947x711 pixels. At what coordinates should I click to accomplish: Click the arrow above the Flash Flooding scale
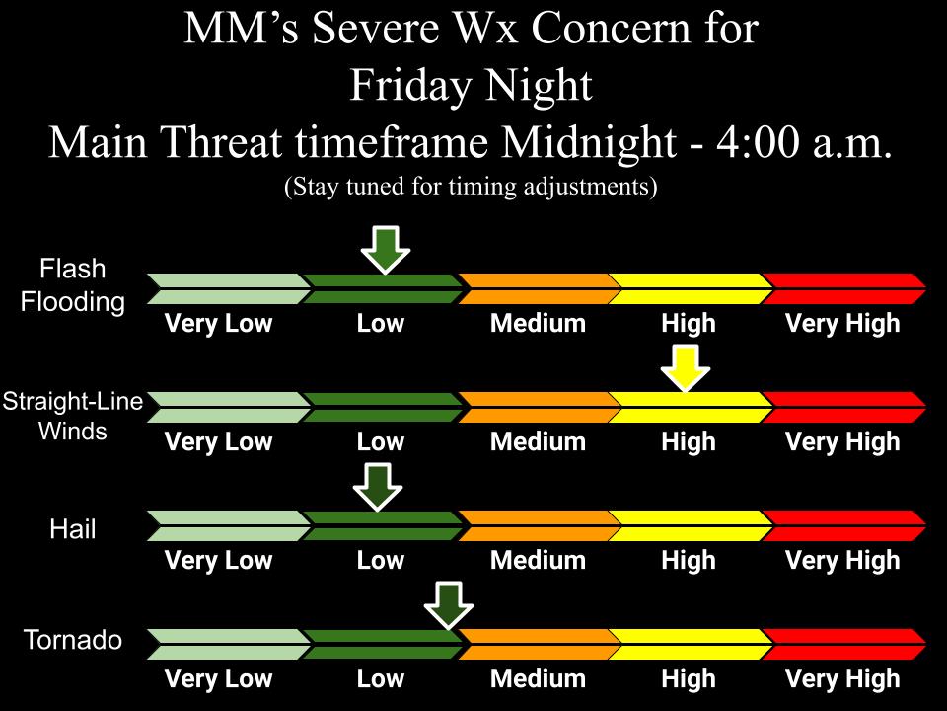coord(385,249)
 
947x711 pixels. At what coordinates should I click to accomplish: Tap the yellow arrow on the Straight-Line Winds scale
coord(685,367)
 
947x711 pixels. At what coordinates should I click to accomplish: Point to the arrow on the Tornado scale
coord(449,604)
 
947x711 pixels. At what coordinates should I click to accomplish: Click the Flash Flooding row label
coord(73,285)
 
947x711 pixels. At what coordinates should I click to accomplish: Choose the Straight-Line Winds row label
coord(73,416)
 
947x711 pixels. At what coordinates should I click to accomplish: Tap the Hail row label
coord(73,529)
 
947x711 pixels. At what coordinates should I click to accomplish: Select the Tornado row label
coord(73,641)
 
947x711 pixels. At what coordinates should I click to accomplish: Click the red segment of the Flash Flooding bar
coord(843,289)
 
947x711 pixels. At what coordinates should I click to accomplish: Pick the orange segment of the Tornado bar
coord(538,644)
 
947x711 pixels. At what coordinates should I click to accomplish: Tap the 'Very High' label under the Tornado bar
coord(842,679)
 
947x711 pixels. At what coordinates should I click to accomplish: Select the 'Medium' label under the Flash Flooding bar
coord(538,324)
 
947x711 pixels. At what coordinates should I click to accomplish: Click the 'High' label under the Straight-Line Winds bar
coord(688,442)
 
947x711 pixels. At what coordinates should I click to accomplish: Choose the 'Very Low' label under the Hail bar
coord(218,561)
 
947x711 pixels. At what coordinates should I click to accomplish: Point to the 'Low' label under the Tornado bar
coord(380,679)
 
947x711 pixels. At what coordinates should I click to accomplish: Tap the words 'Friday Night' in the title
coord(472,87)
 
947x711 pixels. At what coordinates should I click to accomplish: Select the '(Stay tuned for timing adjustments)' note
coord(471,187)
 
